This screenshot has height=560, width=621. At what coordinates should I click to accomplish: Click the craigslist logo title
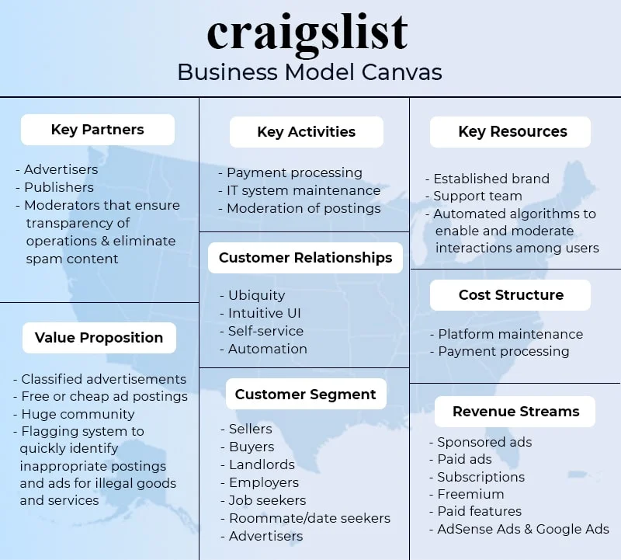pyautogui.click(x=308, y=33)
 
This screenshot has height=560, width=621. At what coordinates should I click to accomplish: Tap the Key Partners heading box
pyautogui.click(x=98, y=130)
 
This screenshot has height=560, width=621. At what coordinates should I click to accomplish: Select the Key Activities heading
pyautogui.click(x=306, y=132)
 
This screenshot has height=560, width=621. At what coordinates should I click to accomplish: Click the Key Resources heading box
pyautogui.click(x=512, y=132)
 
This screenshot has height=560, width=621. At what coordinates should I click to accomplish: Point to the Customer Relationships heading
pyautogui.click(x=305, y=258)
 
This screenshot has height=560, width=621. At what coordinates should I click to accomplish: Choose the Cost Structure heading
pyautogui.click(x=511, y=295)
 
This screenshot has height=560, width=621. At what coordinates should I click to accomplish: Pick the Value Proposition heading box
pyautogui.click(x=99, y=338)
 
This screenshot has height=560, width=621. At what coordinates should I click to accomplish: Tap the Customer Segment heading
pyautogui.click(x=305, y=395)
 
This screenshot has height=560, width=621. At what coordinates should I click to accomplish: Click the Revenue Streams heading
pyautogui.click(x=515, y=412)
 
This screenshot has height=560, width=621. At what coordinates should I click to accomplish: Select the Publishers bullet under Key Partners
pyautogui.click(x=58, y=187)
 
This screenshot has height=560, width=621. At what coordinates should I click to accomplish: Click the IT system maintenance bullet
pyautogui.click(x=303, y=190)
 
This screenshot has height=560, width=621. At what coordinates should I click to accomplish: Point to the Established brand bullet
pyautogui.click(x=491, y=179)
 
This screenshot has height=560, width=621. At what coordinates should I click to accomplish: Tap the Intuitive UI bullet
pyautogui.click(x=264, y=314)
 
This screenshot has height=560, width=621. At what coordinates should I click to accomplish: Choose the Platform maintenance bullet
pyautogui.click(x=510, y=334)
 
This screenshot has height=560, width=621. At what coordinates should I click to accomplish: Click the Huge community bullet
pyautogui.click(x=78, y=414)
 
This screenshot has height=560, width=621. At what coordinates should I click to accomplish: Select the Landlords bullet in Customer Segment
pyautogui.click(x=262, y=464)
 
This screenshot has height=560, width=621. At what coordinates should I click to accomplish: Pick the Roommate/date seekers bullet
pyautogui.click(x=309, y=518)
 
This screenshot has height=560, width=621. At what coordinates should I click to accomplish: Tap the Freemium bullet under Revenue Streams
pyautogui.click(x=470, y=494)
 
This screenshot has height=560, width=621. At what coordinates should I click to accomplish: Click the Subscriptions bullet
pyautogui.click(x=480, y=477)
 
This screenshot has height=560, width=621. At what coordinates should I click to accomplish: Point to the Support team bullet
pyautogui.click(x=477, y=196)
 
